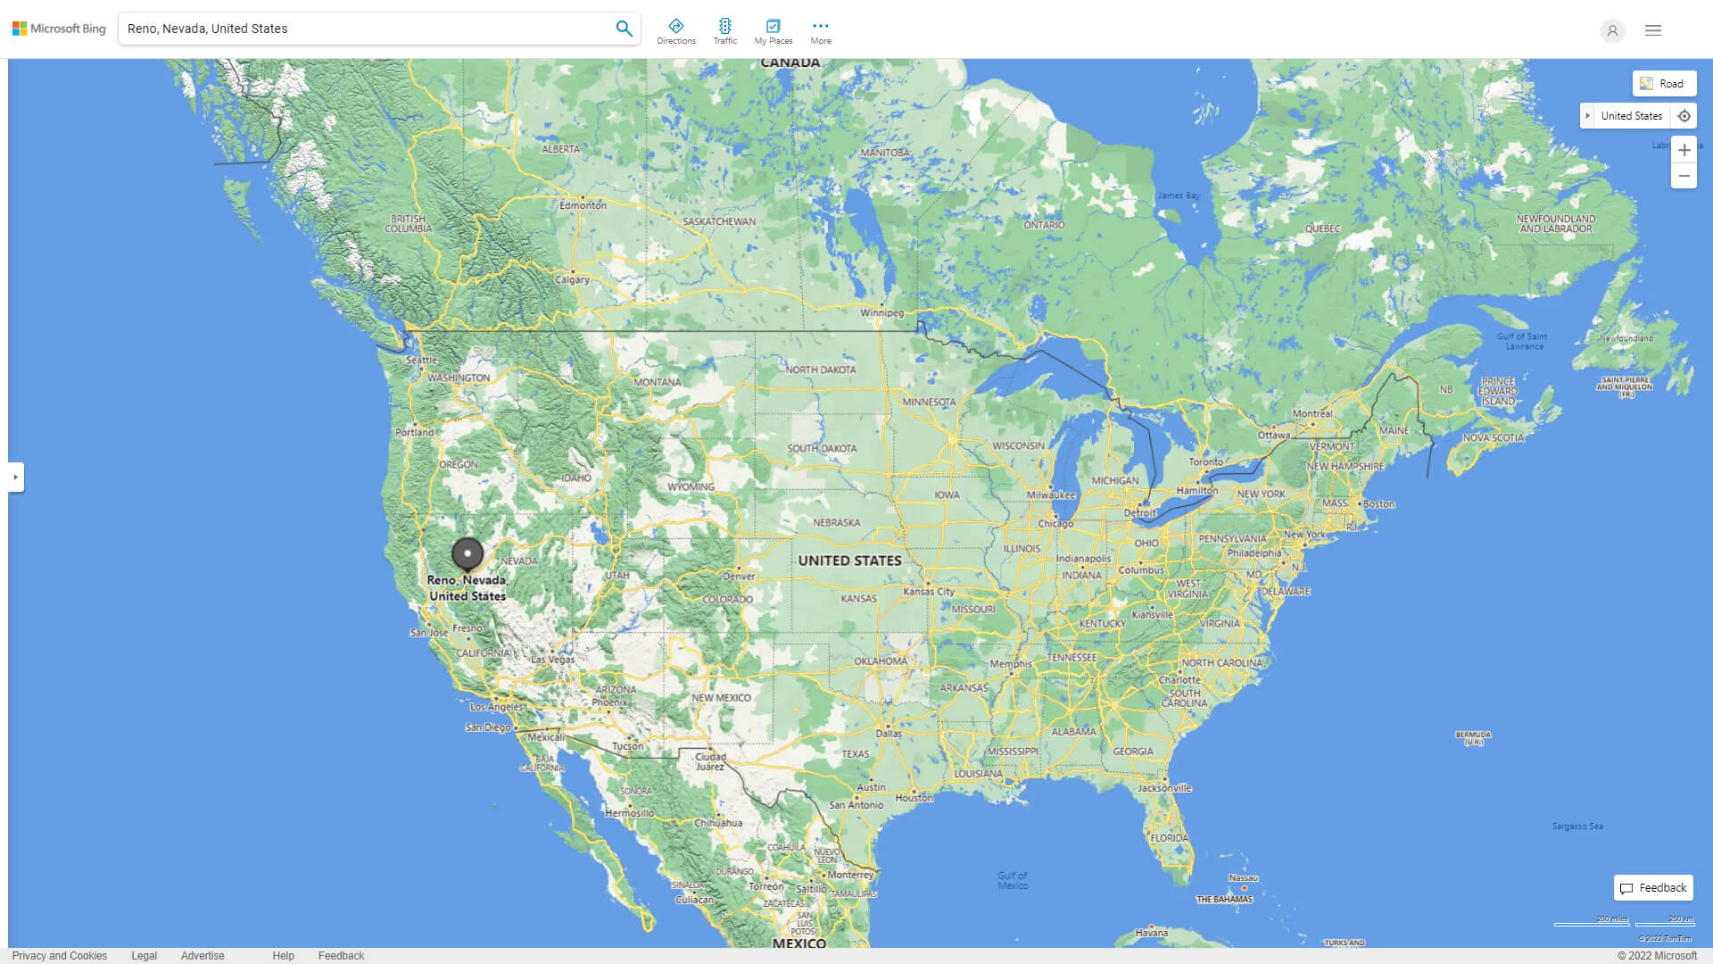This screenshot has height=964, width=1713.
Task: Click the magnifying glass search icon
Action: pos(624,29)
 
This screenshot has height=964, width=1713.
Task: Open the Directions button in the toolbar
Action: pos(676,30)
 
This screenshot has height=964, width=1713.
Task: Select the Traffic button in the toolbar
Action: pos(725,30)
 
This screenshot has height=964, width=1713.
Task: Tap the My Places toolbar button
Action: pos(773,30)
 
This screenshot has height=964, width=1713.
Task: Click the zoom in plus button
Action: pos(1684,150)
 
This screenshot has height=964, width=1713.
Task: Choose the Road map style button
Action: pos(1664,84)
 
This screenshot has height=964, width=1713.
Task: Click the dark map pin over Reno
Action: pos(468,554)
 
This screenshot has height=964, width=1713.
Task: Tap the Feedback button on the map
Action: pos(1653,888)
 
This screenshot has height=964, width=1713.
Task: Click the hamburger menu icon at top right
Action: pos(1653,30)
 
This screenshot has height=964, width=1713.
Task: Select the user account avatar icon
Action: pos(1612,30)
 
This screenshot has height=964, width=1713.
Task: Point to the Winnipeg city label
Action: pos(881,313)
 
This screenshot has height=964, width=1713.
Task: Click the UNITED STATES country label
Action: pos(849,561)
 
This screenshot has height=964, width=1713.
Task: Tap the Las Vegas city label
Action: pos(553,660)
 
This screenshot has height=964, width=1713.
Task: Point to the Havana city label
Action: pos(1151,933)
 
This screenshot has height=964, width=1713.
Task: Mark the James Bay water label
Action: pos(1179,195)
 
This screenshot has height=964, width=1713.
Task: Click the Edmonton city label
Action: pos(583,205)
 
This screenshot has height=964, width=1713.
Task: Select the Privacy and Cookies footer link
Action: pos(60,956)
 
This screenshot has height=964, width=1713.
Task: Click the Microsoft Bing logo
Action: pos(59,29)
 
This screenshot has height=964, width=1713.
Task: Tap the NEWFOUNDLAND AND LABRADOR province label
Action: pos(1556,224)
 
